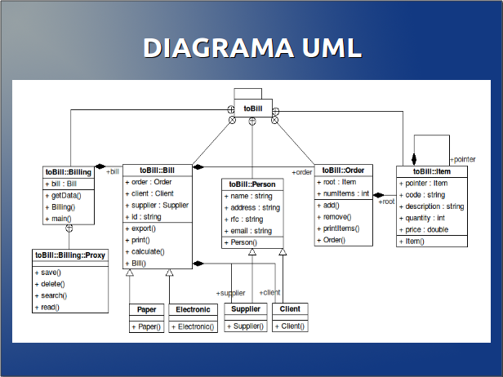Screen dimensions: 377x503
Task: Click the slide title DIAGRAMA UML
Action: coord(251,48)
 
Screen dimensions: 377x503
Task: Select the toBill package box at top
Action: coord(252,107)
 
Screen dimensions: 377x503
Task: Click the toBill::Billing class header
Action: coord(69,172)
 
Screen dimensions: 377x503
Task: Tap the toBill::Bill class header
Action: coord(157,170)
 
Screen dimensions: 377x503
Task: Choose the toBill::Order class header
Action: coord(343,170)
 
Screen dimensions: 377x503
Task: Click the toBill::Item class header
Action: coord(432,171)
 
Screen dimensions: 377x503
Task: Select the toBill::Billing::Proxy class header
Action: coord(70,255)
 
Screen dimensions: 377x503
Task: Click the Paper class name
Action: coord(147,309)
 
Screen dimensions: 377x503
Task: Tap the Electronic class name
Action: coord(194,309)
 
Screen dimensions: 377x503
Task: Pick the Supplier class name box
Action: coord(245,309)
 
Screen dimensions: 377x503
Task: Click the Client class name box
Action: coord(290,309)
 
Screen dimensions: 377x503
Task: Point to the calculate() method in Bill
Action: coord(148,252)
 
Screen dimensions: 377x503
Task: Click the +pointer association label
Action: coord(462,159)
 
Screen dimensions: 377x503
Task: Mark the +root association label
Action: coord(386,201)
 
